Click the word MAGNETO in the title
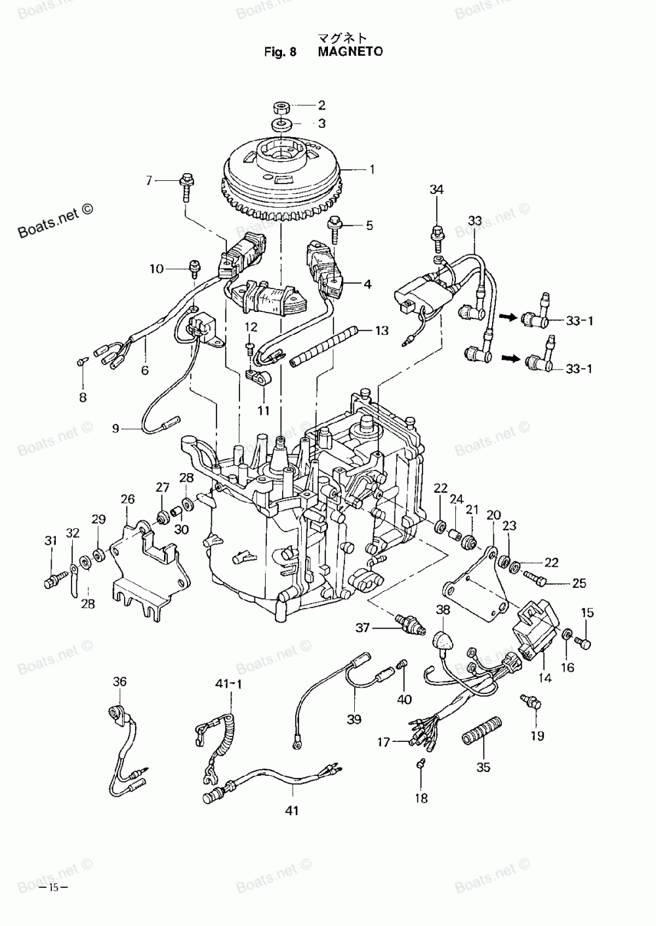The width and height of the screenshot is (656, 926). point(350,52)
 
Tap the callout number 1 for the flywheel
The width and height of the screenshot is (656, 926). point(372,170)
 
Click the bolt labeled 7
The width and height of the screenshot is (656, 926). point(186,182)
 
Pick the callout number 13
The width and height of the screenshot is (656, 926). point(382,331)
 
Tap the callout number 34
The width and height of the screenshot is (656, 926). point(436,190)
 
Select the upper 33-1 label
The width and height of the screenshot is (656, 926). point(579,320)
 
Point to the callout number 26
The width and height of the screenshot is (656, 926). point(127,499)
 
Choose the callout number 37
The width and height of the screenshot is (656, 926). point(363,628)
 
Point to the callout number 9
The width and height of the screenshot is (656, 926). point(115,429)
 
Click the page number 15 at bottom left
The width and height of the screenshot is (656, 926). point(53,887)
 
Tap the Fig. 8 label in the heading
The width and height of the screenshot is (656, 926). point(281,52)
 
